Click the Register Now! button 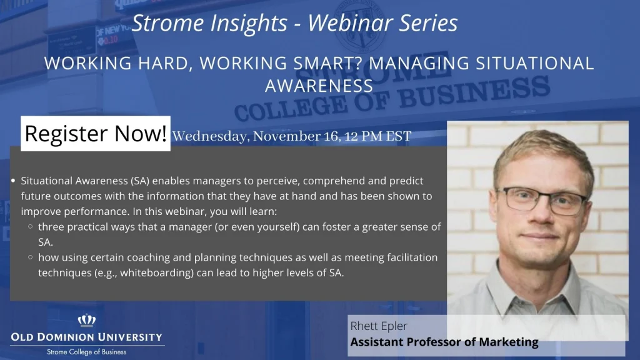coord(96,134)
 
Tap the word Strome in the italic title coord(168,23)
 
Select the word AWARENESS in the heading coord(319,86)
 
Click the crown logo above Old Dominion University coord(87,321)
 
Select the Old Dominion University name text coord(86,337)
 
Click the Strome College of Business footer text coord(86,352)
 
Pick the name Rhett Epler coord(379,326)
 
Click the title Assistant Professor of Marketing coord(444,342)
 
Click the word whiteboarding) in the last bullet coord(157,273)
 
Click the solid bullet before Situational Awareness coord(14,181)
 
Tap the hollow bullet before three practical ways coord(31,226)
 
